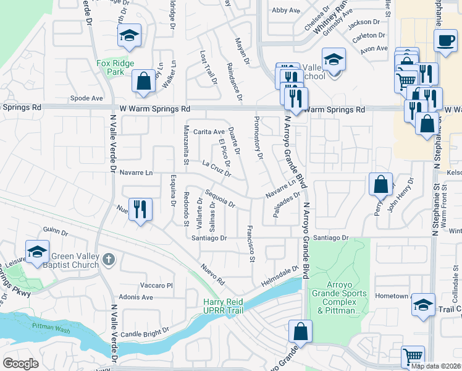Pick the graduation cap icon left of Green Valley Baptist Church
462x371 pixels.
tap(38, 251)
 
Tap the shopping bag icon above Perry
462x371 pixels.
tap(380, 183)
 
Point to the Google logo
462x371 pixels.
tap(20, 364)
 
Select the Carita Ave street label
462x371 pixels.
tap(209, 132)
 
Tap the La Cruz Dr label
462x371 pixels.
tap(216, 168)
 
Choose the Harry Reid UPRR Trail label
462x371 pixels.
tap(227, 306)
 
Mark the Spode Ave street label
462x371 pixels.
tap(86, 98)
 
